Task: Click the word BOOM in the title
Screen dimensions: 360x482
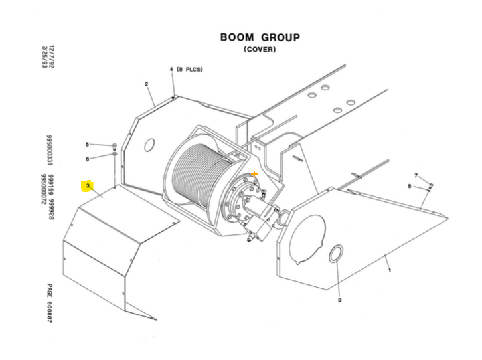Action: [236, 37]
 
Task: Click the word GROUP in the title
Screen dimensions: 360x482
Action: [278, 37]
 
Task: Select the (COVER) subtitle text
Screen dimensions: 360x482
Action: [259, 50]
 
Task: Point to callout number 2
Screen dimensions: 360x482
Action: [146, 84]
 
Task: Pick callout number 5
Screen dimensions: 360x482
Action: [87, 144]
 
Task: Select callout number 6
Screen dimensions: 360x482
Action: [87, 159]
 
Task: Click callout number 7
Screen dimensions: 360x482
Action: [416, 175]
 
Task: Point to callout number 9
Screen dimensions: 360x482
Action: [339, 301]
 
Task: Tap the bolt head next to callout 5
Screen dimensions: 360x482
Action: [115, 145]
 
